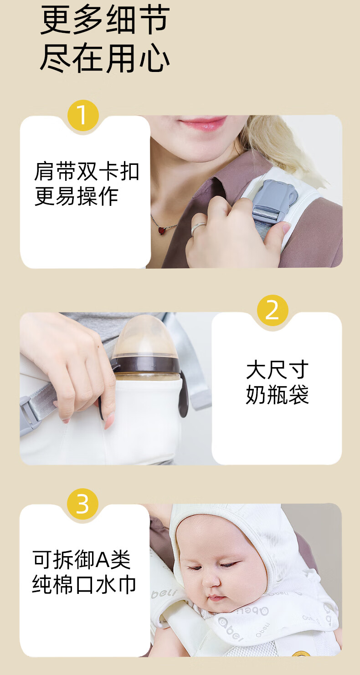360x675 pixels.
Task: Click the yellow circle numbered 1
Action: coord(83,115)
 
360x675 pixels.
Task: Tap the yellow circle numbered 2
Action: coord(273,310)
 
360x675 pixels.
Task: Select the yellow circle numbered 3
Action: coord(82,504)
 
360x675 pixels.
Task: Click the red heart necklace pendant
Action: coord(162,230)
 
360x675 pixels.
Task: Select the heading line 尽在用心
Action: coord(105,57)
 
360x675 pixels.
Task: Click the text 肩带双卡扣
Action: coord(87,171)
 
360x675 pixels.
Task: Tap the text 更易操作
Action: coord(76,196)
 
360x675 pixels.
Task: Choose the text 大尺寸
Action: coord(277,369)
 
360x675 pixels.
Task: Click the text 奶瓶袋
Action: coord(277,394)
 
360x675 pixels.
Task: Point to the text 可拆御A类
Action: coord(82,560)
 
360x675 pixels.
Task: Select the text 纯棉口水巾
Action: coord(84,584)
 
